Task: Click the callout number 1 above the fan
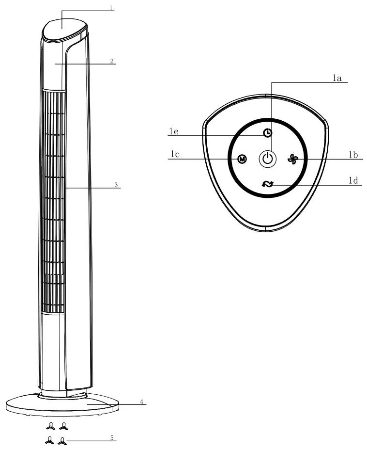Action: (111, 8)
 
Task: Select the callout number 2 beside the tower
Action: (112, 61)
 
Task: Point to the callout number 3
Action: (116, 185)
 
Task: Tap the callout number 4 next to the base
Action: (141, 402)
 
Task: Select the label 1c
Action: (175, 155)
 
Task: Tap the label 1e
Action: (174, 131)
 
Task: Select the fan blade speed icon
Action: (292, 159)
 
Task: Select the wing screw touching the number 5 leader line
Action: (62, 441)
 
